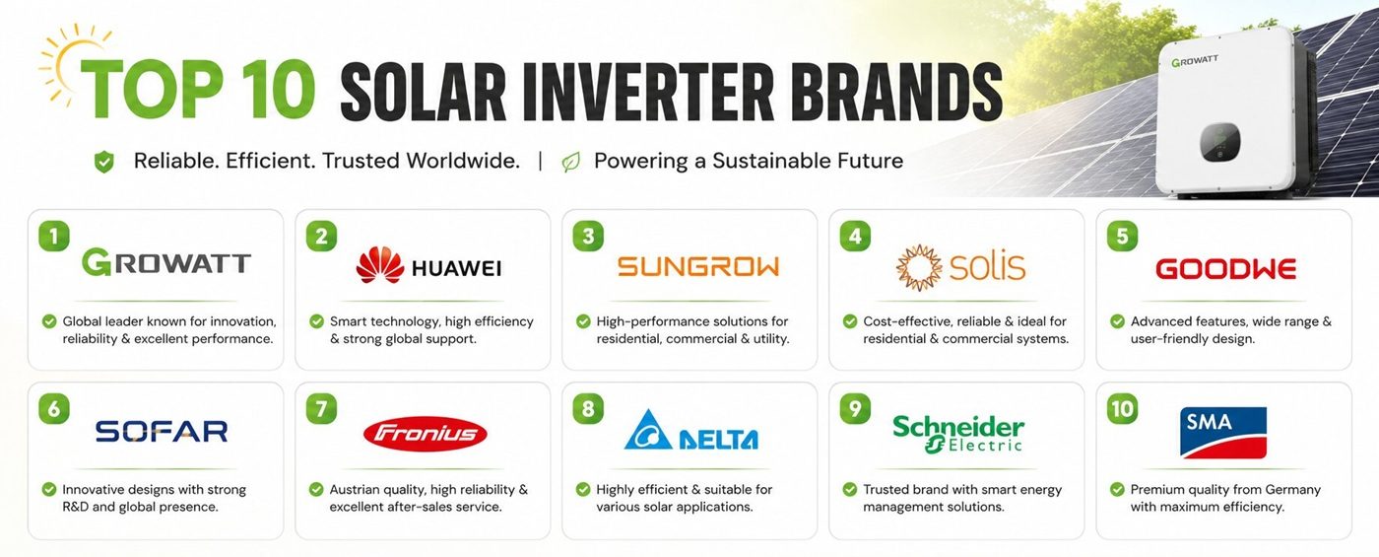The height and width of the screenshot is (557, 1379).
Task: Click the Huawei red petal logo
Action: point(380,265)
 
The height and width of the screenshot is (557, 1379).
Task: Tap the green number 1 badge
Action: point(54,236)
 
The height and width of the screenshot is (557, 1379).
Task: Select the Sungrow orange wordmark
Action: point(698,267)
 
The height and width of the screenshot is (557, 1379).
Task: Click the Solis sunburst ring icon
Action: point(918,267)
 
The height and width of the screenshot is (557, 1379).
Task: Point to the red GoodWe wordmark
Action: point(1225,268)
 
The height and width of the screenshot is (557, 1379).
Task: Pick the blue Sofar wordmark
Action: point(162,432)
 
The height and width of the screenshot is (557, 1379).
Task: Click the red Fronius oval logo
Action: point(426,434)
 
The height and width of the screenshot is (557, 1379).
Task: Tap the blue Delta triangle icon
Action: point(648,430)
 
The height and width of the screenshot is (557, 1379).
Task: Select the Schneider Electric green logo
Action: point(958,433)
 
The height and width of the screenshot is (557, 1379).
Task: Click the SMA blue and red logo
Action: point(1223,433)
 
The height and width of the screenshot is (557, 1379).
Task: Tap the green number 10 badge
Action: point(1122,408)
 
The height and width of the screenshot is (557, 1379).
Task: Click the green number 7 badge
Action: point(321,408)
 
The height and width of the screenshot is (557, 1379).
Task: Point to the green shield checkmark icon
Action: point(104,162)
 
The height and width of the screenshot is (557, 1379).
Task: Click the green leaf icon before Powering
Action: point(570,162)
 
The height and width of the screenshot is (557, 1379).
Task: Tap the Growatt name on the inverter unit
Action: point(1195,60)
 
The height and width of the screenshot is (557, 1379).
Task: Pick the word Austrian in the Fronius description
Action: point(354,489)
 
